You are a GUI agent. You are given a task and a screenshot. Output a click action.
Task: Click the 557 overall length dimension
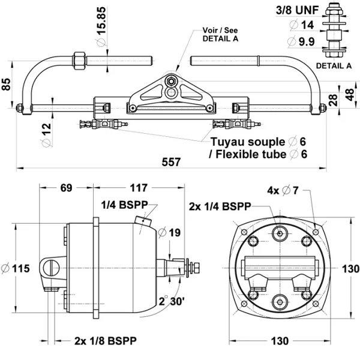(171, 162)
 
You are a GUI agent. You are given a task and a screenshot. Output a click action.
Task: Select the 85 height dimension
(6, 85)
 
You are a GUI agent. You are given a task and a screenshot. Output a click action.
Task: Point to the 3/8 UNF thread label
(298, 10)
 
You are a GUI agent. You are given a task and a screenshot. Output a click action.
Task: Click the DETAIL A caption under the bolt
(334, 66)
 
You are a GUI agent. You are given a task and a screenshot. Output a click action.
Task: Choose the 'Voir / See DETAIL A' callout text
(220, 34)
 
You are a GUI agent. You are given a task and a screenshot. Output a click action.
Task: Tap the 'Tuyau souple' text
(248, 142)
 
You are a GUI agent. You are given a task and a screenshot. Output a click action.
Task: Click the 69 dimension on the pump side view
(67, 188)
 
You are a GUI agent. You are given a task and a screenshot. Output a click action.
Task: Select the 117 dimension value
(139, 188)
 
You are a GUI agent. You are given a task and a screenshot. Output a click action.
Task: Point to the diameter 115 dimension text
(16, 268)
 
